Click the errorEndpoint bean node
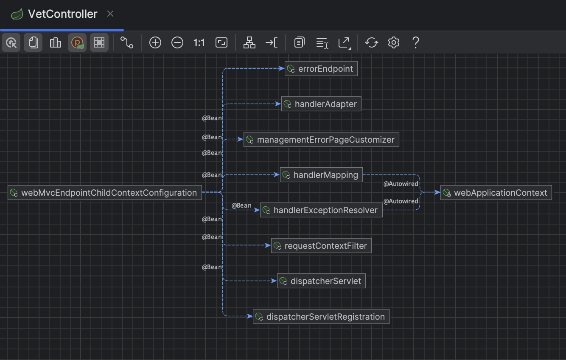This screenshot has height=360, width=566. click(321, 69)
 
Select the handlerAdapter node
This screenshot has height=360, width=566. click(321, 104)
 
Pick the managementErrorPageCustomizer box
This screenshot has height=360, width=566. click(321, 140)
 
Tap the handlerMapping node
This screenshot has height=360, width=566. click(321, 175)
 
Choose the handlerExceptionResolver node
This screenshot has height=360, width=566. click(321, 210)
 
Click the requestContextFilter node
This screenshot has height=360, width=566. click(321, 246)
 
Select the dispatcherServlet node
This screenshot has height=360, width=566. click(321, 281)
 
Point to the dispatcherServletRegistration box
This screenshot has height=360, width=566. click(321, 317)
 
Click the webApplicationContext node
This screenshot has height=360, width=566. click(496, 193)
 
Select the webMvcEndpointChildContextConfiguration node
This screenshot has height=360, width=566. click(104, 193)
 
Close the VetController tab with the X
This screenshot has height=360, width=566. click(110, 14)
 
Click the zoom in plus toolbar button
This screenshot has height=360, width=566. click(155, 42)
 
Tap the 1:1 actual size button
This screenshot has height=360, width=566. click(199, 42)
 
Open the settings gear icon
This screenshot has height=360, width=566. click(394, 42)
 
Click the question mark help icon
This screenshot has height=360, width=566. click(416, 42)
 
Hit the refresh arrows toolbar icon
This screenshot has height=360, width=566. click(372, 42)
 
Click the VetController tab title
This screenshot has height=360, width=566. click(62, 14)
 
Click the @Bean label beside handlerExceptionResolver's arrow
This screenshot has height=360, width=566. click(241, 205)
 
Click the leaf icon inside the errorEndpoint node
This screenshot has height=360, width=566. click(291, 69)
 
